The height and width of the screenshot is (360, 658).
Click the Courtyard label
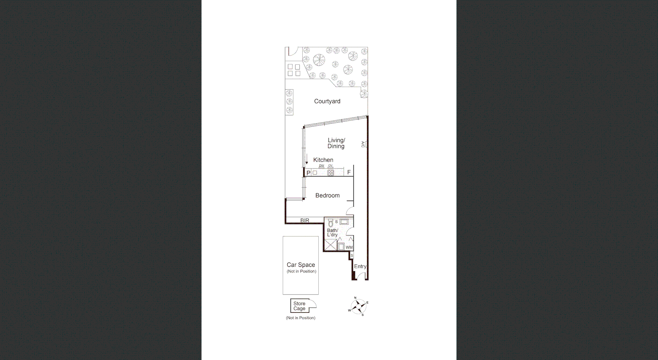tap(327, 101)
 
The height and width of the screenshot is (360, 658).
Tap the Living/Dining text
tap(336, 143)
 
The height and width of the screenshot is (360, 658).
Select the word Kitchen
tap(323, 160)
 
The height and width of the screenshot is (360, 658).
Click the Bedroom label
tap(327, 196)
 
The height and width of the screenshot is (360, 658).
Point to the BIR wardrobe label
tap(305, 221)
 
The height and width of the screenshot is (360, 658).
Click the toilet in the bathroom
tap(331, 224)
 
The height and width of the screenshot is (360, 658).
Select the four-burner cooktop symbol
tap(330, 173)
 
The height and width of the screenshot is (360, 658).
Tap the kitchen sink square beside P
tap(315, 173)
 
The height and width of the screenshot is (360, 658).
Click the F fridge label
tap(349, 172)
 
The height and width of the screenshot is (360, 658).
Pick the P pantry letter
tap(308, 173)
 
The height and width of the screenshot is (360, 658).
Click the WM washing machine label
tap(349, 247)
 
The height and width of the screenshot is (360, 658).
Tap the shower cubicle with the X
tap(331, 245)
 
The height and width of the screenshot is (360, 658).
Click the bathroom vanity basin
tap(344, 222)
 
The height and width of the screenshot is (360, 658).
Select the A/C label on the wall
tap(363, 144)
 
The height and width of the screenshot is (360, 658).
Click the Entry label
tap(360, 266)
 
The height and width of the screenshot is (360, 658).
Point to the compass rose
tap(358, 306)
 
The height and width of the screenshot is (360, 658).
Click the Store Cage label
tap(299, 306)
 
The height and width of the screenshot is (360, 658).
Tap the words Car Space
tap(301, 265)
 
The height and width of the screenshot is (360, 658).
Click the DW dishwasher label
tap(321, 166)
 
